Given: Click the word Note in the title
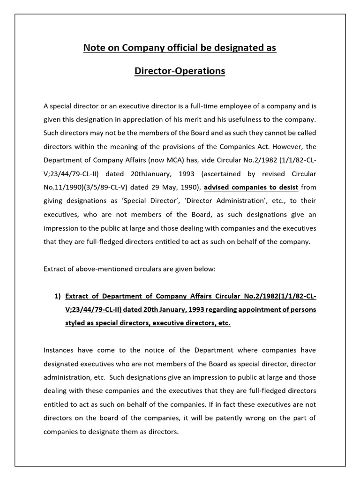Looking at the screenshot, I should pyautogui.click(x=94, y=48).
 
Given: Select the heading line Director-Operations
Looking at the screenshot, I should pyautogui.click(x=180, y=71).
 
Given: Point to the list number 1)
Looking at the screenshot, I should pyautogui.click(x=58, y=296).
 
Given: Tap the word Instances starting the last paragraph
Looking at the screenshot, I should pyautogui.click(x=60, y=351).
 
